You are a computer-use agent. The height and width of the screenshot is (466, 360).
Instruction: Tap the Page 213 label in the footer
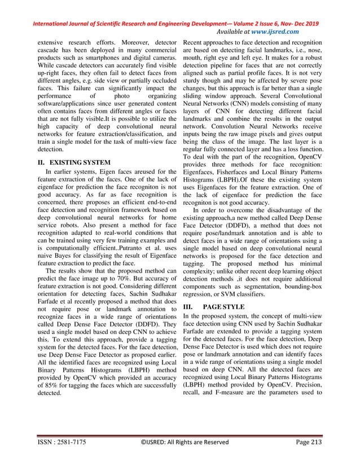pos(303,456)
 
